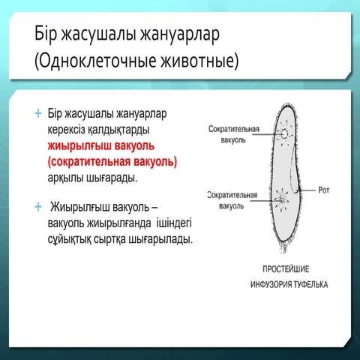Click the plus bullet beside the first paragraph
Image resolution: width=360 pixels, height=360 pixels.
[x=37, y=114]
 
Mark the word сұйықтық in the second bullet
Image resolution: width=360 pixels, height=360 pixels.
[x=72, y=238]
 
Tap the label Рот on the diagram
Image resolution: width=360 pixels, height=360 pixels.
[x=324, y=190]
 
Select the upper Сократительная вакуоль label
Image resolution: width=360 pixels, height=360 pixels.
[x=233, y=134]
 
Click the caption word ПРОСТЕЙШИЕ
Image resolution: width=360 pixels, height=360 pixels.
[x=286, y=268]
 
